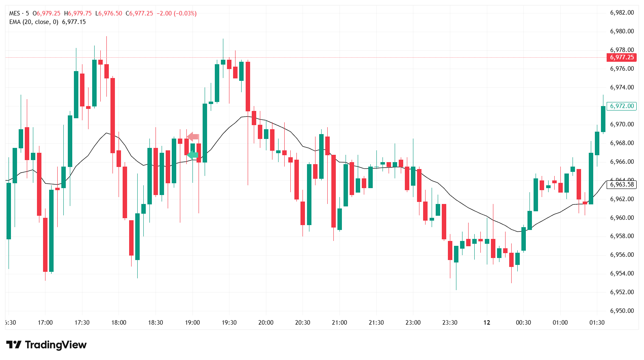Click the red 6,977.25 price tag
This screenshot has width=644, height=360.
(x=622, y=57)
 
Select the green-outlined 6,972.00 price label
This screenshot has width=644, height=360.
(x=622, y=106)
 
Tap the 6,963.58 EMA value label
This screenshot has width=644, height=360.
(x=622, y=184)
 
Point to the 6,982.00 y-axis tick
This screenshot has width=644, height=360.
(x=622, y=13)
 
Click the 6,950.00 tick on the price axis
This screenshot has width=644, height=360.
(x=622, y=311)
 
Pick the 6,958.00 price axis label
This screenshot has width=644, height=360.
(x=622, y=236)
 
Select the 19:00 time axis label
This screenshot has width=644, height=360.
(x=192, y=323)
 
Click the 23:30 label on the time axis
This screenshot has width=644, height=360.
(x=450, y=323)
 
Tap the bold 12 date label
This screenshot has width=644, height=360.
(x=486, y=323)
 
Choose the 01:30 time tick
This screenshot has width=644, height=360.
(x=597, y=323)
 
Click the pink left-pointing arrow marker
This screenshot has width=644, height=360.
(x=192, y=136)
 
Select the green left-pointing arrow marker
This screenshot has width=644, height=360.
(x=192, y=155)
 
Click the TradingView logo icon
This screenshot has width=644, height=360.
(x=14, y=345)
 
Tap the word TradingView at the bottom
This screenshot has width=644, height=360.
(x=56, y=345)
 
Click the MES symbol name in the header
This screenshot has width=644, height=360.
(x=15, y=13)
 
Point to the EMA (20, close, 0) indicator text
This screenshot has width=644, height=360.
(x=34, y=22)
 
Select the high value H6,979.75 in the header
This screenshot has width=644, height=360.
(x=78, y=13)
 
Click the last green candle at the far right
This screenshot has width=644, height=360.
(x=603, y=119)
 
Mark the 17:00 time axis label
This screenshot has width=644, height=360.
(x=45, y=323)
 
